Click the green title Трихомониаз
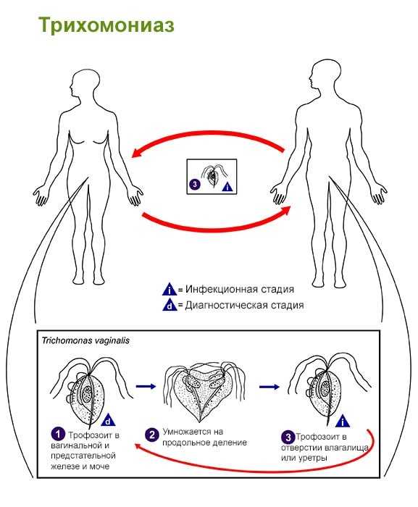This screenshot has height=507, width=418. [106, 25]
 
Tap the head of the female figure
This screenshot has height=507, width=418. [85, 83]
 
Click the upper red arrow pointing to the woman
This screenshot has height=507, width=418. [207, 139]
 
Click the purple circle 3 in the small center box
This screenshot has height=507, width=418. [195, 185]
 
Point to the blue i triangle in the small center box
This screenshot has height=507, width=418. [227, 187]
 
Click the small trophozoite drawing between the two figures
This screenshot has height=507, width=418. [212, 177]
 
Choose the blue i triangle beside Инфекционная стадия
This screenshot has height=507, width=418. [170, 290]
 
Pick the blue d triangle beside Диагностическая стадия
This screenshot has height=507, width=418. [170, 305]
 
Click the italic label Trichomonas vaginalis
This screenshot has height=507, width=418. [85, 340]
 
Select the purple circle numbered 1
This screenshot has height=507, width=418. [58, 435]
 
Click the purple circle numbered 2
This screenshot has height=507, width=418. [151, 435]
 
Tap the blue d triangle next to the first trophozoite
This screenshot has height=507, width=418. [108, 420]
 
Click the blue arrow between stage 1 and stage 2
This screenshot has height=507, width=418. [146, 386]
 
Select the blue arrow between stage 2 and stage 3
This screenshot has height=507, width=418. [269, 387]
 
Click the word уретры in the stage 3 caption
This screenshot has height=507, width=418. [313, 458]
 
